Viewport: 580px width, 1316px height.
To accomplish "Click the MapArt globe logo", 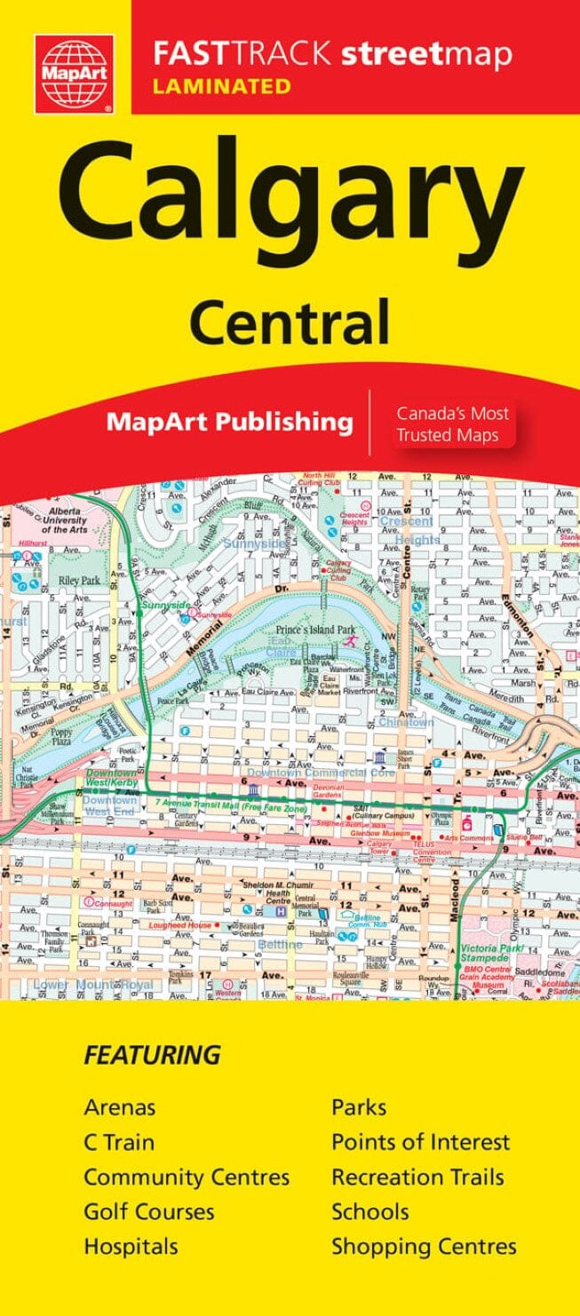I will tap(75, 74).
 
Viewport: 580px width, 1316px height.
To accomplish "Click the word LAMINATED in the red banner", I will tap(222, 86).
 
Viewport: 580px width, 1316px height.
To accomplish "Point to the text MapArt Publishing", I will tap(229, 421).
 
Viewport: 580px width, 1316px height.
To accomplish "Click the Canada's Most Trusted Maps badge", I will tap(452, 424).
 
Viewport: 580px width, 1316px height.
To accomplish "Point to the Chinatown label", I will tap(406, 722).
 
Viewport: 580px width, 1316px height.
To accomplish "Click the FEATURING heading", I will tap(152, 1055).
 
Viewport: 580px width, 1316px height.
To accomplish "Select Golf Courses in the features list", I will tap(148, 1211).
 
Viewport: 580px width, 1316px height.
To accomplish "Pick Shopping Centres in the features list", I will tap(424, 1246).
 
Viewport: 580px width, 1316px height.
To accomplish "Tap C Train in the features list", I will tap(119, 1142).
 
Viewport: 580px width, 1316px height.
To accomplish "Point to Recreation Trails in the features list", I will tap(417, 1177).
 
